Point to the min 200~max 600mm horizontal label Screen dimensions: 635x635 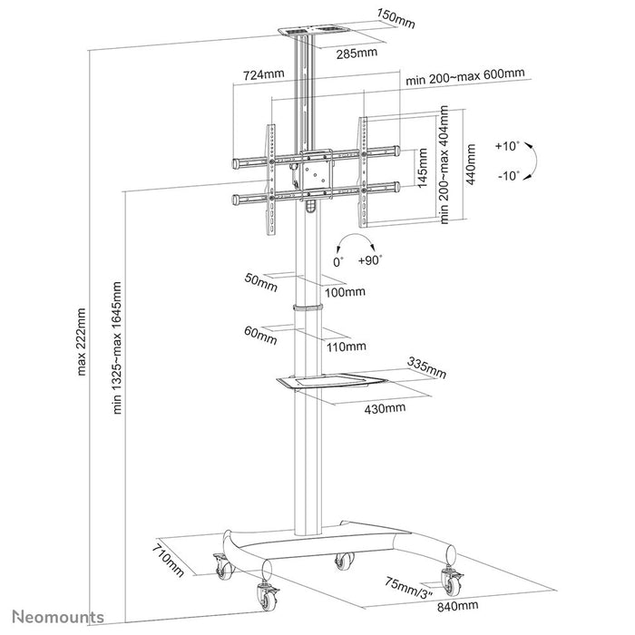click(468, 79)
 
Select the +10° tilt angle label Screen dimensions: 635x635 click(508, 145)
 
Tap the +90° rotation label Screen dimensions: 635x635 click(369, 259)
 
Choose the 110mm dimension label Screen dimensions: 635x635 click(347, 346)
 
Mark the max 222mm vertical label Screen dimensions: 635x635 click(82, 341)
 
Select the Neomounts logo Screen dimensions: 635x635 click(54, 617)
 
